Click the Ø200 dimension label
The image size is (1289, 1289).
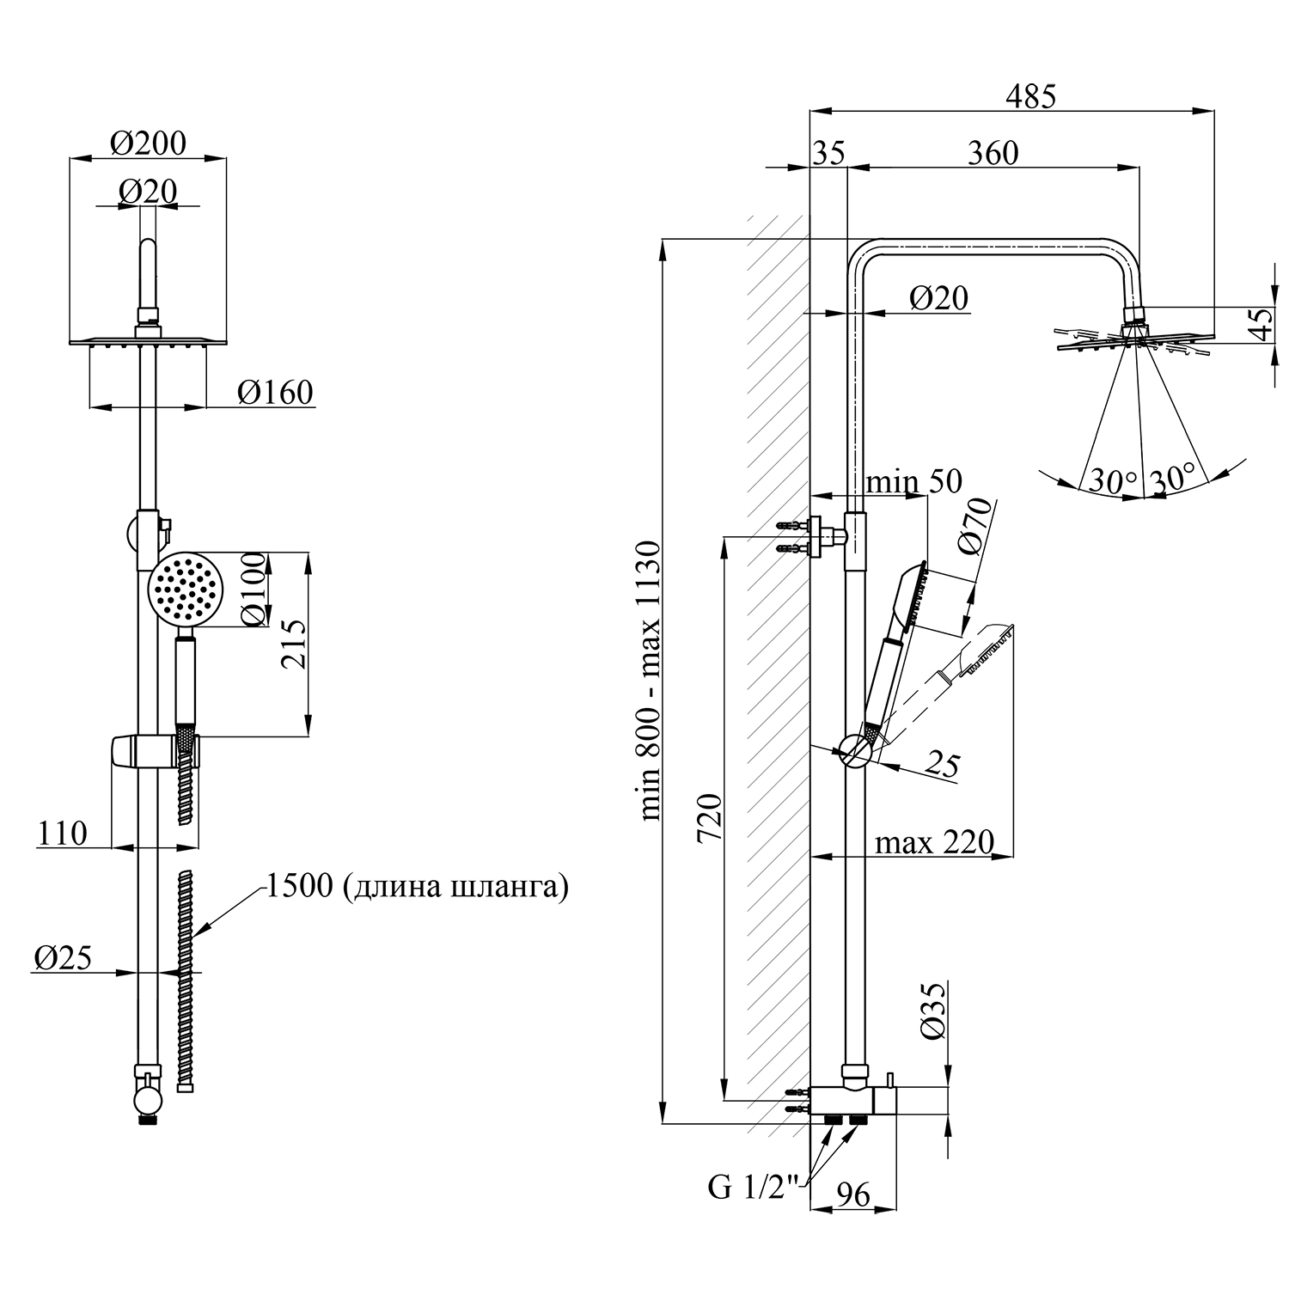tap(148, 143)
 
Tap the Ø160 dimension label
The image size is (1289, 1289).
tap(275, 393)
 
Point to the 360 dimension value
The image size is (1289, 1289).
tap(993, 153)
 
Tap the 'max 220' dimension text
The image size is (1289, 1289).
tap(934, 842)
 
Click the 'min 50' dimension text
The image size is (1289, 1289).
tap(913, 481)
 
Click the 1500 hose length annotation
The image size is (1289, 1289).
tap(418, 886)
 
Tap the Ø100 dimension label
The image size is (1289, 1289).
tap(255, 593)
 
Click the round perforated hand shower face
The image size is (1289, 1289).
tap(185, 590)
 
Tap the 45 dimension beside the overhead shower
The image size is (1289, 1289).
tap(1261, 323)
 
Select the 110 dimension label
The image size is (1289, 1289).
tap(63, 833)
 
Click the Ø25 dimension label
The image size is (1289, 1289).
tap(63, 957)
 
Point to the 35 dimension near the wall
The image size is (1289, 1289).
tap(828, 153)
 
